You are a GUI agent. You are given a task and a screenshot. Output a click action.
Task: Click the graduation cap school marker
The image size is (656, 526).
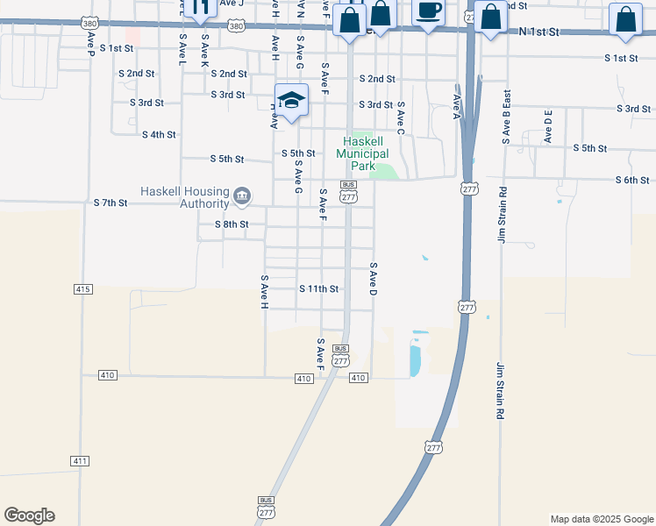click(x=291, y=101)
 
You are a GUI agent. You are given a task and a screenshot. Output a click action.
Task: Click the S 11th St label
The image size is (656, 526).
click(x=318, y=288)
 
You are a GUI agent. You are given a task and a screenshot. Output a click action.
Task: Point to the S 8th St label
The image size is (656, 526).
click(x=232, y=224)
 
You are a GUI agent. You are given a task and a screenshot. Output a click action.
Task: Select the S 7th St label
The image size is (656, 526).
click(x=111, y=203)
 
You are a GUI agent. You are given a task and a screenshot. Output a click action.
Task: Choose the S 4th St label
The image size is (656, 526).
click(x=159, y=135)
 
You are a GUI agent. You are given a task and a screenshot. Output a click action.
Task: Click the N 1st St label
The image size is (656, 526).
click(x=538, y=32)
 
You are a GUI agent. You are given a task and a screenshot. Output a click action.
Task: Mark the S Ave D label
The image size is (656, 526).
click(x=373, y=278)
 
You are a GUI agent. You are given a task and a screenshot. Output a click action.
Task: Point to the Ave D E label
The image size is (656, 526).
click(x=548, y=127)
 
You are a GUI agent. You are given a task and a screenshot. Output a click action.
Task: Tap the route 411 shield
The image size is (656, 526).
click(x=80, y=460)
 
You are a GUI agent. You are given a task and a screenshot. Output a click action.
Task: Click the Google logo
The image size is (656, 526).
click(x=29, y=515)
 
